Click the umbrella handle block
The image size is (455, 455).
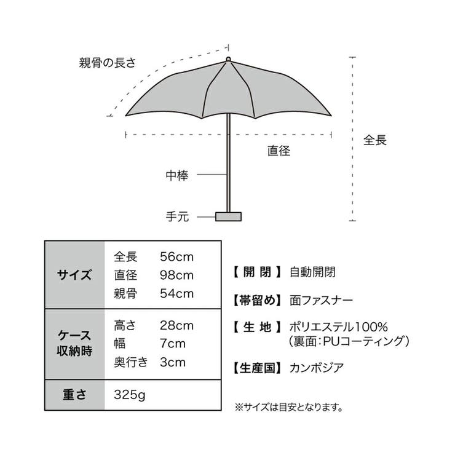[x=228, y=216]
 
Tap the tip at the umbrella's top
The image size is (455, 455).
[x=228, y=59]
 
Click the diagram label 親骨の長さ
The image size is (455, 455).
[x=108, y=63]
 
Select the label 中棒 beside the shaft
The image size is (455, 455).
[x=177, y=175]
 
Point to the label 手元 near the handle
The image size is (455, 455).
[x=177, y=216]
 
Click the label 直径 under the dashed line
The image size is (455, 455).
[x=279, y=151]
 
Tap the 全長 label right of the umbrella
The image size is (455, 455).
[x=375, y=140]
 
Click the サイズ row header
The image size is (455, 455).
[x=74, y=274]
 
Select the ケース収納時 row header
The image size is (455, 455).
[x=74, y=343]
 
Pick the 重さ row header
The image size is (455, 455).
[x=74, y=395]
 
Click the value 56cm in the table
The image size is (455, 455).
[x=176, y=257]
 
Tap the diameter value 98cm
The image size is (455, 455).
[x=176, y=275]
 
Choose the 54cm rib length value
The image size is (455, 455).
[x=176, y=294]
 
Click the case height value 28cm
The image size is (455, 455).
[x=176, y=326]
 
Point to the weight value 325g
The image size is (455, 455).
[x=129, y=395]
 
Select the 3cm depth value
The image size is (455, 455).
[x=172, y=362]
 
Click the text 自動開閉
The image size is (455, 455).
[x=312, y=272]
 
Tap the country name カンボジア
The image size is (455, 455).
[x=317, y=368]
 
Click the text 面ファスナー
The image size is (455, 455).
[x=321, y=300]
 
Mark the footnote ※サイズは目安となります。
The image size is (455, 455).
[x=289, y=408]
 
